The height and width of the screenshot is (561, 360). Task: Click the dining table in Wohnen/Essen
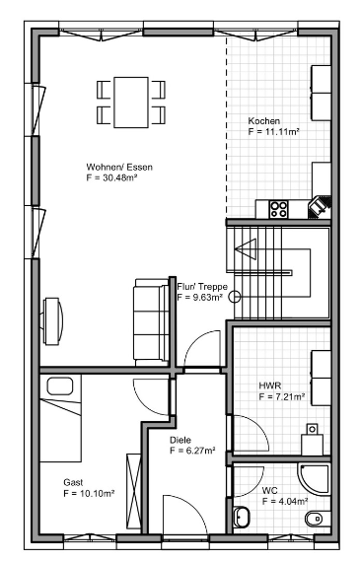point(131,103)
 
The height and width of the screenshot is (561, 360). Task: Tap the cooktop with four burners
point(279,209)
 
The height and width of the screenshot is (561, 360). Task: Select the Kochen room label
point(264,121)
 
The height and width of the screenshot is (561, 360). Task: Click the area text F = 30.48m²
point(112,177)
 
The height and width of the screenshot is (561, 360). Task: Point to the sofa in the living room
point(151,322)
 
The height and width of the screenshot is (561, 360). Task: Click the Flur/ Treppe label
point(202,287)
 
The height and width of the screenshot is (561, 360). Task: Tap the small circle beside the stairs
point(235,297)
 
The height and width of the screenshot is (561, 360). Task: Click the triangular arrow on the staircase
point(247,248)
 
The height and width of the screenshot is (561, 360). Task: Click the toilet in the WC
point(318,518)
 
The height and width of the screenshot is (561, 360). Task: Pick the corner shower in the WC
point(314,479)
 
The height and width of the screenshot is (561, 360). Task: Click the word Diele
point(180,440)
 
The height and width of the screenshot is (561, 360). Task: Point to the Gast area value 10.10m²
point(97,493)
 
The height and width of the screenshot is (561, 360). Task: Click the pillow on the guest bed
point(60,386)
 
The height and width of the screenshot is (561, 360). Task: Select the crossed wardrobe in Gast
point(134,491)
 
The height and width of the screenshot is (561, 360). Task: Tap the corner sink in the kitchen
point(320,207)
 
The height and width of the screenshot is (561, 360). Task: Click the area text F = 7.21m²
point(282,396)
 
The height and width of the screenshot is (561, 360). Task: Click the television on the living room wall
point(52,321)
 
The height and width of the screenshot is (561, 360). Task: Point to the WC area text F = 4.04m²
point(285,501)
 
